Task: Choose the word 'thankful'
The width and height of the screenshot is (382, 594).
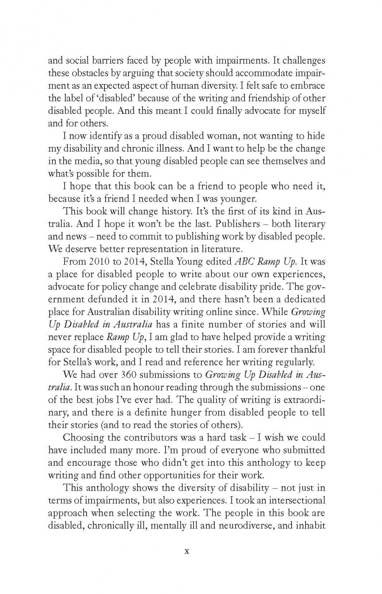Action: point(305,349)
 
